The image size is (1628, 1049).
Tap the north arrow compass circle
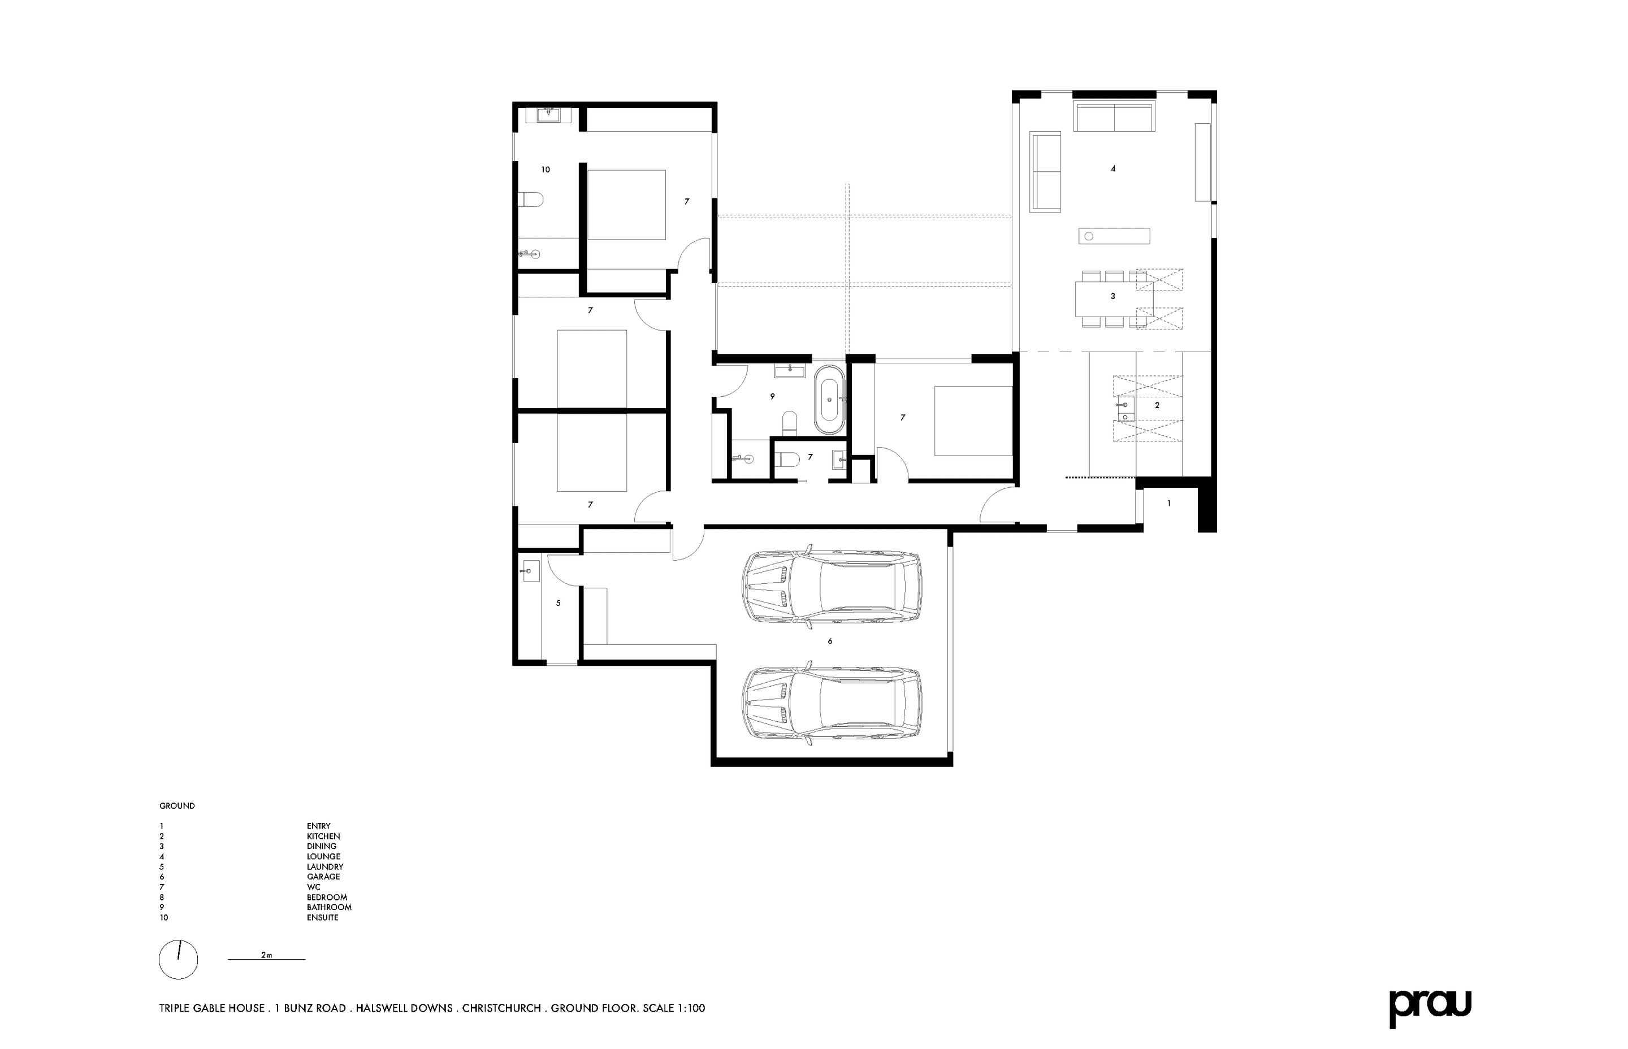tap(179, 960)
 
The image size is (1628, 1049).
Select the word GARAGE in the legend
tap(323, 877)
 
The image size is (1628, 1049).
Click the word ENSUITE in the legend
tap(322, 917)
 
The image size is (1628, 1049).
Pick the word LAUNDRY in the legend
tap(325, 866)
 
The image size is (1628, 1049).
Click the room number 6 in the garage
tap(830, 641)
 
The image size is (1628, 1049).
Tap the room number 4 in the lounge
tap(1113, 168)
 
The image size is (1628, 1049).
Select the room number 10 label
tap(545, 170)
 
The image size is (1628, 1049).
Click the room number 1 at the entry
tap(1169, 504)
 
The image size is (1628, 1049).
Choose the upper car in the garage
tap(831, 585)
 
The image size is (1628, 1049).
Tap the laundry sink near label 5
tap(530, 570)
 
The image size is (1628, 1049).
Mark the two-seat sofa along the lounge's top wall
tap(1114, 116)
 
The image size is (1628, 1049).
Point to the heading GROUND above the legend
tap(177, 806)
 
